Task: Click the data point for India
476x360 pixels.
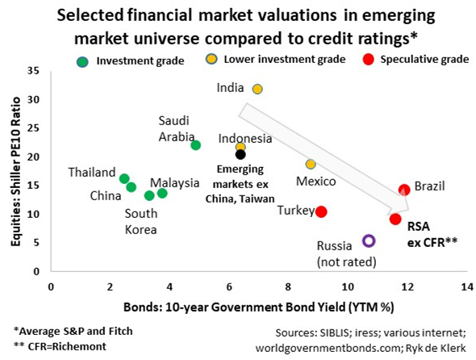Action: click(257, 89)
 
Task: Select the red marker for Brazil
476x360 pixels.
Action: click(404, 190)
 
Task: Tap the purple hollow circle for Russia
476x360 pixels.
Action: click(369, 241)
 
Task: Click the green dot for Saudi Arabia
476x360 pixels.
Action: click(195, 145)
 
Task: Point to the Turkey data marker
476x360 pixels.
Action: click(321, 211)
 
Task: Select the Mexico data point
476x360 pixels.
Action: click(311, 164)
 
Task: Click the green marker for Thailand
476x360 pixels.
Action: click(124, 179)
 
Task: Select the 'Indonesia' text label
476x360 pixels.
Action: click(246, 139)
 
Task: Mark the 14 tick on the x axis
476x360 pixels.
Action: click(466, 287)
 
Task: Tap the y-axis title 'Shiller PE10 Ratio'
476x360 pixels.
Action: click(13, 174)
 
